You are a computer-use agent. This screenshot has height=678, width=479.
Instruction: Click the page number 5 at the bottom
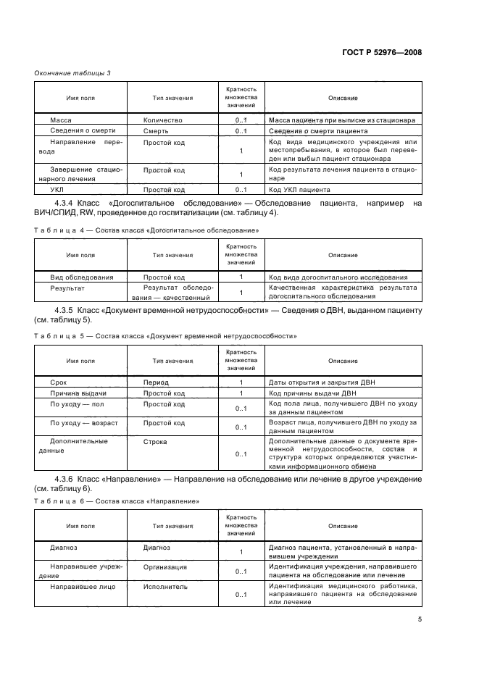tap(419, 619)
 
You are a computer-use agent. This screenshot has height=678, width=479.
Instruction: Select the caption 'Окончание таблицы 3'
tap(72, 72)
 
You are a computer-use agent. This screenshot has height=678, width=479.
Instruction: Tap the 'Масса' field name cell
tap(60, 120)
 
